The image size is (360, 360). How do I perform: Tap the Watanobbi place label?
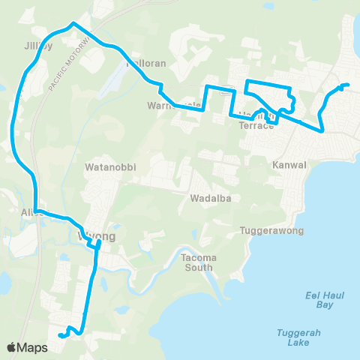[110, 167]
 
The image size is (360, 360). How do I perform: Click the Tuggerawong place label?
[271, 230]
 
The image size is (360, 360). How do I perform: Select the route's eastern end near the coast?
[347, 85]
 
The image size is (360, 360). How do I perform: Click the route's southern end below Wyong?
[60, 331]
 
